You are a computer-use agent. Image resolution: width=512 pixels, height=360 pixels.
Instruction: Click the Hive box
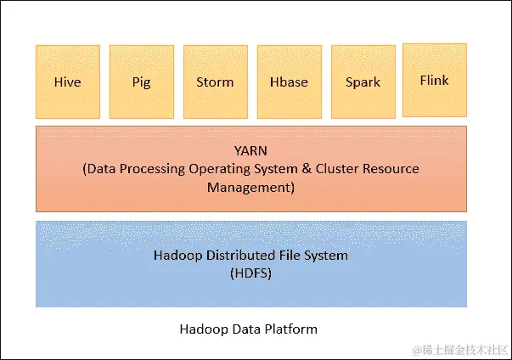pos(68,82)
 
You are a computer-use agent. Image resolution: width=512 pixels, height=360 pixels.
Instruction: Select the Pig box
pos(141,82)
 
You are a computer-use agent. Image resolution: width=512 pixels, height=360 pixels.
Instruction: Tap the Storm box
pos(215,82)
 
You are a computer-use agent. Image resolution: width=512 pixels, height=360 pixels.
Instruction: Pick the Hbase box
pos(288,82)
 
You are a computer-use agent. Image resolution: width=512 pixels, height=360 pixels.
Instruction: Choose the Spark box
pos(362,82)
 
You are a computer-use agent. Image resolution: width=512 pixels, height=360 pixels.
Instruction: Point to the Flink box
pos(435,80)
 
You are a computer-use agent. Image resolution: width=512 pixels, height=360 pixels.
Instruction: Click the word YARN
pos(250,151)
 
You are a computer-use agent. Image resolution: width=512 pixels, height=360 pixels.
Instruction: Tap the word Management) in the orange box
pos(250,187)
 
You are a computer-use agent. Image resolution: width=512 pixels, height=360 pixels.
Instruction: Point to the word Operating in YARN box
pos(229,169)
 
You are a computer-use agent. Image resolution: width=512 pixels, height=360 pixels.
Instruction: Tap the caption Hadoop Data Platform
pos(249,329)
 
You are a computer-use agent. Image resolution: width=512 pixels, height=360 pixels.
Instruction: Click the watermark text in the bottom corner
pos(459,349)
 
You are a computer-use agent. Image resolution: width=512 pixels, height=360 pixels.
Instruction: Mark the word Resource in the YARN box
pos(391,169)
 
